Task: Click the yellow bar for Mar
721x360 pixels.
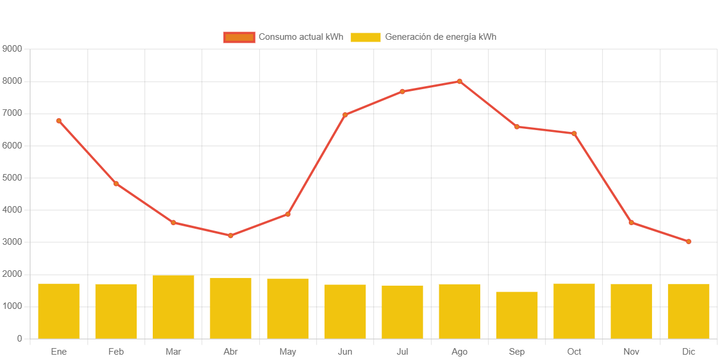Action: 173,307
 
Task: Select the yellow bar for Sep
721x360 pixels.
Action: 517,315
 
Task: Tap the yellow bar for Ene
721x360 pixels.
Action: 59,311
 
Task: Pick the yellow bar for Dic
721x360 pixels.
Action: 688,311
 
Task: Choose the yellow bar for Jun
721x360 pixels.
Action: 345,311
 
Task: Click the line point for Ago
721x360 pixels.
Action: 459,81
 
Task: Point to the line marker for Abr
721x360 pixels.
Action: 231,236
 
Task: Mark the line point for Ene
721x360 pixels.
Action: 59,121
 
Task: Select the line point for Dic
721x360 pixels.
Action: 688,242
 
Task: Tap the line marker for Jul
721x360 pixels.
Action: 402,91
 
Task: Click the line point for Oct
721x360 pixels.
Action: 574,133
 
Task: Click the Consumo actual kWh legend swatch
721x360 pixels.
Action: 239,37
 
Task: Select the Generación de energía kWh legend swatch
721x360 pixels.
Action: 366,37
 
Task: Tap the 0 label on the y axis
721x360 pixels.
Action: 20,339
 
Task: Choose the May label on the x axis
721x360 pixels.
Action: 288,352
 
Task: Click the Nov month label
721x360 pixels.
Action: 631,352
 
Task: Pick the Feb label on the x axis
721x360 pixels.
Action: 116,352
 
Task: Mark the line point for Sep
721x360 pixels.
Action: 517,127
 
